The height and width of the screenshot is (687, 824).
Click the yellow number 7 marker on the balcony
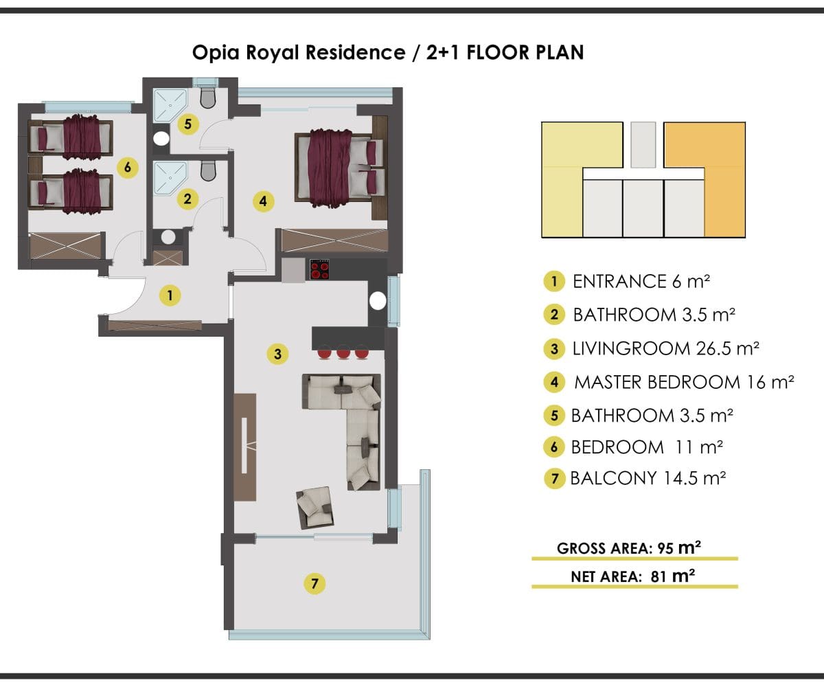click(x=314, y=583)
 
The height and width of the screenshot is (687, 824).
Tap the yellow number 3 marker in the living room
click(x=277, y=354)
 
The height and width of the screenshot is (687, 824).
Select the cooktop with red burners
click(x=320, y=270)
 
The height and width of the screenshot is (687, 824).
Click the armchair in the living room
click(x=315, y=508)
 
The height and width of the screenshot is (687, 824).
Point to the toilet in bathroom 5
click(x=208, y=98)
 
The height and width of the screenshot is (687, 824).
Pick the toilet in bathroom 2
click(x=208, y=170)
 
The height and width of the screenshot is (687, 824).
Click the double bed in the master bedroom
click(x=339, y=168)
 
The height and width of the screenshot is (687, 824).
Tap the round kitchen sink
click(x=378, y=302)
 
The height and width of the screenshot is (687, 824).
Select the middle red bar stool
click(x=343, y=352)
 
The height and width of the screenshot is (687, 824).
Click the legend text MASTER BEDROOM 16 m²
click(x=684, y=382)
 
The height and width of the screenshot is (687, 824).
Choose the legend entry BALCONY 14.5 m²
click(x=648, y=478)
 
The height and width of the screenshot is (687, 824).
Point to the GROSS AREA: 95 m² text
click(x=629, y=548)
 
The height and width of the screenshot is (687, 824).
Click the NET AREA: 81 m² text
click(x=632, y=576)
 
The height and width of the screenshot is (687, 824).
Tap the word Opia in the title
click(x=216, y=53)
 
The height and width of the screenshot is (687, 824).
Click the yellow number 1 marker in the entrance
click(x=170, y=295)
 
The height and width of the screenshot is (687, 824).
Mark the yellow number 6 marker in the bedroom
click(x=128, y=168)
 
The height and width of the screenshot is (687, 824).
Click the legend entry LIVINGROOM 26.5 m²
click(x=666, y=348)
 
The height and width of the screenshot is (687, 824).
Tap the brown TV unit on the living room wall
click(x=244, y=447)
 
